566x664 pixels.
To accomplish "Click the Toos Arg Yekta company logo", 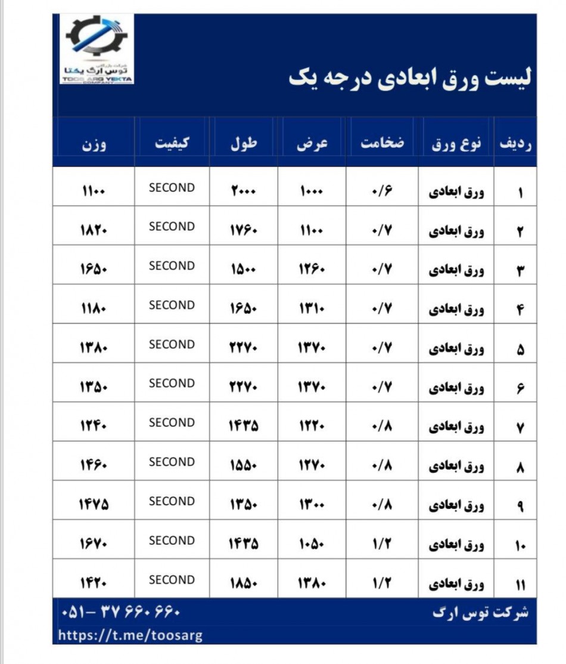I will point(97,49).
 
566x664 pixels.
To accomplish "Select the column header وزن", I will point(94,144).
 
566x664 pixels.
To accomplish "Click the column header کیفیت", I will point(172,144).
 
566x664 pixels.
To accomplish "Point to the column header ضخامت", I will point(382,144).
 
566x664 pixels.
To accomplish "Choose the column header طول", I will point(244,144).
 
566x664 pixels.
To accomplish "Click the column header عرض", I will point(312,144).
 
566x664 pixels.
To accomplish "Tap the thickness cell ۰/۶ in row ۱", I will point(382,192).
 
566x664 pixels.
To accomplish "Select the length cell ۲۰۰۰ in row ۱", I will point(244,192).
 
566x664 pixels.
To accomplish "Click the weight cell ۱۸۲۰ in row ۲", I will point(94,231).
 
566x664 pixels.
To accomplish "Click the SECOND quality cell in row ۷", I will point(172,423).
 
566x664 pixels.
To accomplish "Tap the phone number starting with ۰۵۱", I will point(120,613).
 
